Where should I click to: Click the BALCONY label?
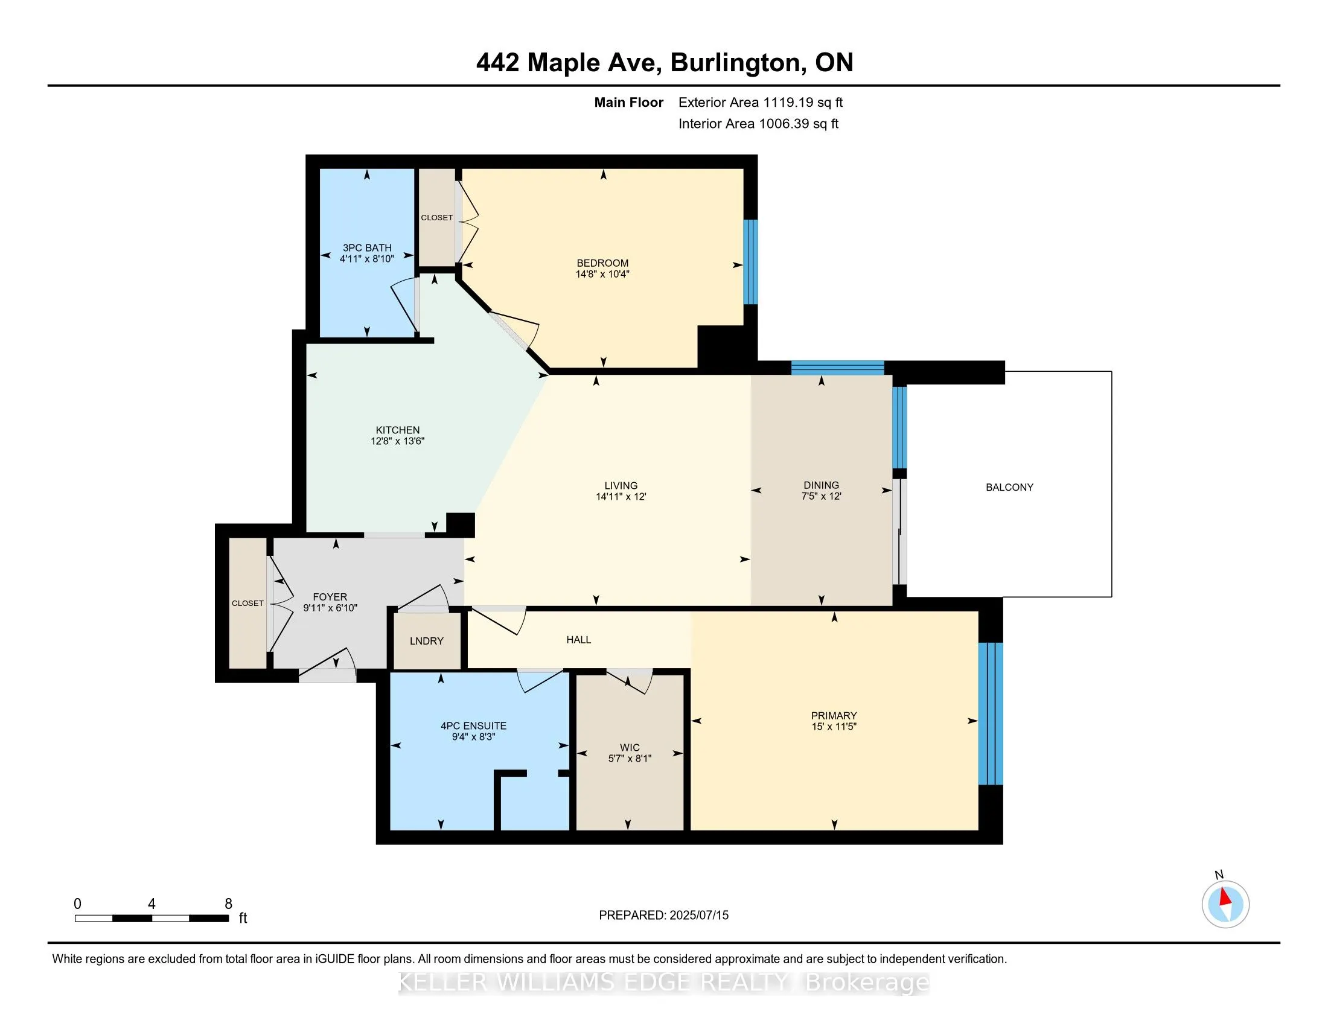1009,487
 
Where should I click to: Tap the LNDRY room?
426,640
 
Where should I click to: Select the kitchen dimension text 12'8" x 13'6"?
397,441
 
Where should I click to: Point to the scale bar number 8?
229,904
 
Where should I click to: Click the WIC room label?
630,748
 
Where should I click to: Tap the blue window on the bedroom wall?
750,261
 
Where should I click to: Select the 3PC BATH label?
366,247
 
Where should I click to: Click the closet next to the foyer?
247,603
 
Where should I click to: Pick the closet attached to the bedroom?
436,217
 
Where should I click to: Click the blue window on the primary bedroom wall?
990,713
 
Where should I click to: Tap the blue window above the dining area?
837,367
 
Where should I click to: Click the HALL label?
578,639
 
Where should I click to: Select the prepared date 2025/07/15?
698,916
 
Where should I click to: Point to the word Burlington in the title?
735,63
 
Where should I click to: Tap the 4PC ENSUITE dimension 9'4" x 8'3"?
473,737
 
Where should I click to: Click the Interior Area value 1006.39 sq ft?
798,124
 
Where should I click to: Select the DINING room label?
821,485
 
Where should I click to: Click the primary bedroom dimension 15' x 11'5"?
834,726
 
